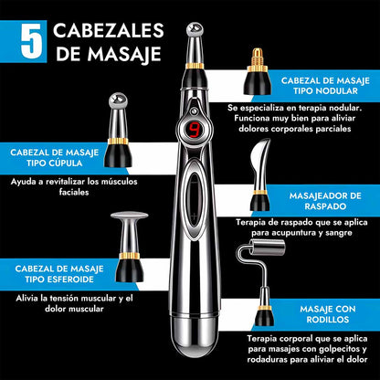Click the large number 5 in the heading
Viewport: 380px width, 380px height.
(x=32, y=41)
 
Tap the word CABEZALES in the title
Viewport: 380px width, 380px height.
(x=109, y=30)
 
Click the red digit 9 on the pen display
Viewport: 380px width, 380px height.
(x=194, y=130)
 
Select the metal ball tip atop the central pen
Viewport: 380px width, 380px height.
(x=195, y=29)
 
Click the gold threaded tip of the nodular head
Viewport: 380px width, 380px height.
(x=258, y=57)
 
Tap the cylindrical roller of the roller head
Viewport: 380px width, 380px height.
(x=267, y=247)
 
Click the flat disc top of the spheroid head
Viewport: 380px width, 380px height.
(x=130, y=216)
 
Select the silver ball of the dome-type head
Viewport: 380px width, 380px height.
(x=118, y=100)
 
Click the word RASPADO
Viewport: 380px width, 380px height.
(x=325, y=206)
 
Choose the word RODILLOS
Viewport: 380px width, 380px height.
(x=328, y=320)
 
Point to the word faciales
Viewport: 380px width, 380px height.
(x=74, y=192)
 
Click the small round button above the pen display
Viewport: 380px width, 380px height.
(x=193, y=111)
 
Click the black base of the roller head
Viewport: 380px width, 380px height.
(x=264, y=317)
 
